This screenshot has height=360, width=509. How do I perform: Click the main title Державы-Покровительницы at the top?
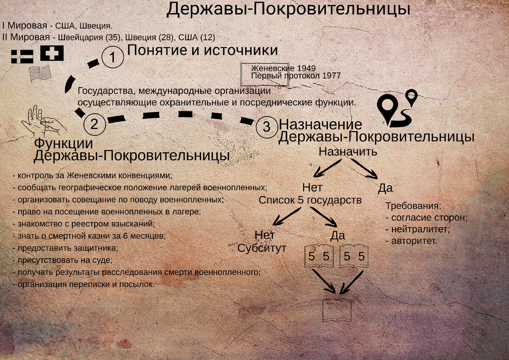pyautogui.click(x=288, y=9)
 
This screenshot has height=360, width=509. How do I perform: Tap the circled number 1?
pyautogui.click(x=112, y=58)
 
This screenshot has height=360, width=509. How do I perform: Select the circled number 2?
pyautogui.click(x=94, y=123)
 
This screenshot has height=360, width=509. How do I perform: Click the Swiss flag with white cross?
pyautogui.click(x=52, y=53)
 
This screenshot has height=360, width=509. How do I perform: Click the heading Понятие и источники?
pyautogui.click(x=202, y=50)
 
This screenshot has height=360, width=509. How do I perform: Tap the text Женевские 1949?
pyautogui.click(x=283, y=68)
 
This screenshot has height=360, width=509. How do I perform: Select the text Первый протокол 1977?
pyautogui.click(x=296, y=75)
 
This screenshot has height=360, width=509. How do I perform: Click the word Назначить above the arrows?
pyautogui.click(x=348, y=151)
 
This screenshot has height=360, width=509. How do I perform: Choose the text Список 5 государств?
pyautogui.click(x=310, y=200)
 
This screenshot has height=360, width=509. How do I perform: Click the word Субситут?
pyautogui.click(x=262, y=248)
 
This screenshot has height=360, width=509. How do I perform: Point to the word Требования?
pyautogui.click(x=414, y=206)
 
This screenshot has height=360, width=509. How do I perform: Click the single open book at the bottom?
pyautogui.click(x=337, y=310)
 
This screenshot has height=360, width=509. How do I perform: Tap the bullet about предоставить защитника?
pyautogui.click(x=65, y=248)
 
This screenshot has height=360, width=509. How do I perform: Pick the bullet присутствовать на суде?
pyautogui.click(x=62, y=260)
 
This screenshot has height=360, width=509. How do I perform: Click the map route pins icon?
pyautogui.click(x=397, y=108)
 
